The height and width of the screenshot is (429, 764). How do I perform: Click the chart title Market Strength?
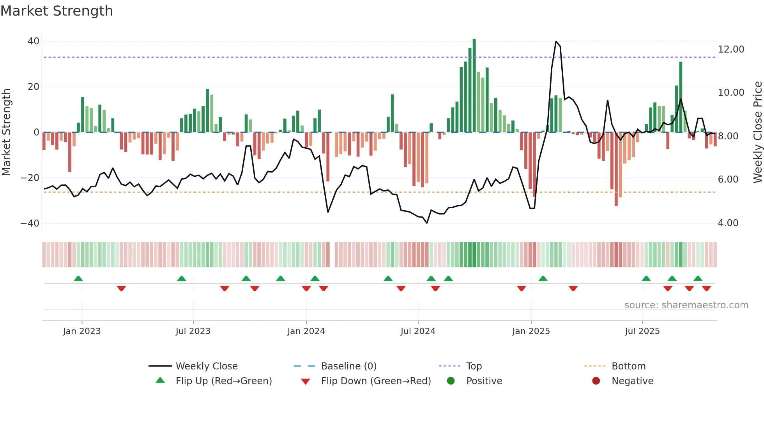click(57, 11)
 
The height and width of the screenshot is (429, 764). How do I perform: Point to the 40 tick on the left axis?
click(34, 41)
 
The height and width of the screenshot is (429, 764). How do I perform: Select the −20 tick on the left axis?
click(30, 178)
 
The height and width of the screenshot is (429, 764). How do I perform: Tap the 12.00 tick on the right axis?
click(731, 49)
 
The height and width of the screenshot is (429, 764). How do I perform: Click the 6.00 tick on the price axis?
click(728, 179)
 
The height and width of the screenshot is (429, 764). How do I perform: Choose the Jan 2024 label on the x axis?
click(306, 331)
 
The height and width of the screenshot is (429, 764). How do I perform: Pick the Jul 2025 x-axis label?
click(642, 331)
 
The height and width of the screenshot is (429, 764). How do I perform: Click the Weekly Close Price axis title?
click(757, 132)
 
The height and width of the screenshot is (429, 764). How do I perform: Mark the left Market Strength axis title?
click(7, 132)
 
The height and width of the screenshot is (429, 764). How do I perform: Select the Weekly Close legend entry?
click(206, 366)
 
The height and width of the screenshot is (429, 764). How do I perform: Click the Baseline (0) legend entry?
click(348, 366)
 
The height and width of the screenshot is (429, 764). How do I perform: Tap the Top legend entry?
click(474, 366)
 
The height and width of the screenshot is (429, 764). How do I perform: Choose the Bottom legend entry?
click(628, 366)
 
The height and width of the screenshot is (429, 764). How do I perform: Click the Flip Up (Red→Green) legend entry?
click(223, 381)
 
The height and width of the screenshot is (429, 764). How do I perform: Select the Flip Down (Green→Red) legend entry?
click(376, 381)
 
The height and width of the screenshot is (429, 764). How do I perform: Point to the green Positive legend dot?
click(451, 381)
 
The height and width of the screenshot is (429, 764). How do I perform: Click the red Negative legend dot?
click(596, 381)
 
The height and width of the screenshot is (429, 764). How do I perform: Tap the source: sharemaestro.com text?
click(686, 305)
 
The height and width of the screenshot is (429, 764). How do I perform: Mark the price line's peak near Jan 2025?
click(556, 42)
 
